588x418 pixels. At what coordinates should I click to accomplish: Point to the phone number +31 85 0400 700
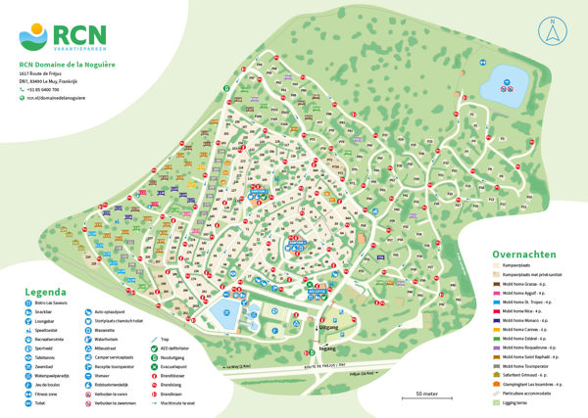pos(51,89)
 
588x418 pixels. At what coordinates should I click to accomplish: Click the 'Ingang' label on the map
pos(328,347)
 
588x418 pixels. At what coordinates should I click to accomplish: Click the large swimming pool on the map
pos(222,315)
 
